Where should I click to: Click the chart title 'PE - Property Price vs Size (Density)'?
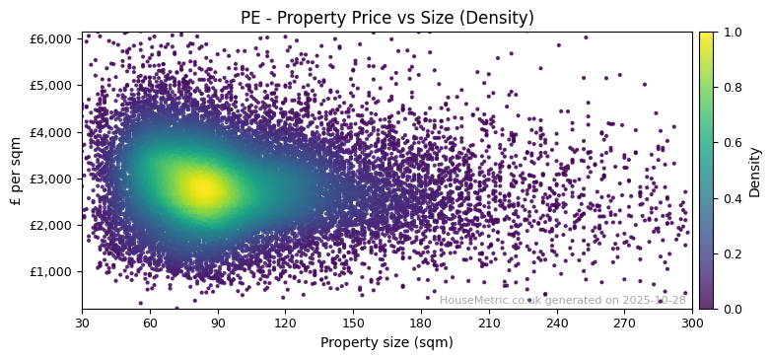coord(387,18)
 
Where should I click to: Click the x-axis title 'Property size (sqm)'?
coord(386,343)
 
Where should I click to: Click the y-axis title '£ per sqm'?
coord(16,170)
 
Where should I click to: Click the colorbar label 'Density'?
coord(755,171)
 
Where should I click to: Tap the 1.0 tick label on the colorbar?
coord(730,32)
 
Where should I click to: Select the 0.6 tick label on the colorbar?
coord(730,143)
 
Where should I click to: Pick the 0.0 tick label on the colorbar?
coord(730,309)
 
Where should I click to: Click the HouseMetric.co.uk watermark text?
coord(562,301)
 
